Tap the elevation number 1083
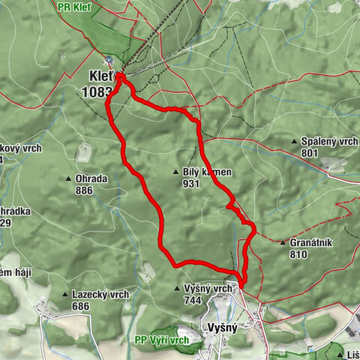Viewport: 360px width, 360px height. (97, 91)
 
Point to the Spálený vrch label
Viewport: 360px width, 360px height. (328, 142)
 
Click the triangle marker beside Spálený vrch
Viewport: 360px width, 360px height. (295, 142)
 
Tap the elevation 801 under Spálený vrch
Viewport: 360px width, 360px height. (310, 153)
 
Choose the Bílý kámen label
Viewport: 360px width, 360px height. (207, 172)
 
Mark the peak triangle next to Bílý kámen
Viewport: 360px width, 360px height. (176, 172)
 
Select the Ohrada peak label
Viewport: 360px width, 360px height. (93, 179)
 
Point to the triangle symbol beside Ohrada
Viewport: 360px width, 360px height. (68, 179)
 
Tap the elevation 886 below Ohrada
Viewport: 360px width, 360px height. (83, 190)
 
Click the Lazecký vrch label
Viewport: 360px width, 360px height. (100, 295)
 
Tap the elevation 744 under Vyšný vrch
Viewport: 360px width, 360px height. (192, 299)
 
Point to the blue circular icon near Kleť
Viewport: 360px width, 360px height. (109, 59)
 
